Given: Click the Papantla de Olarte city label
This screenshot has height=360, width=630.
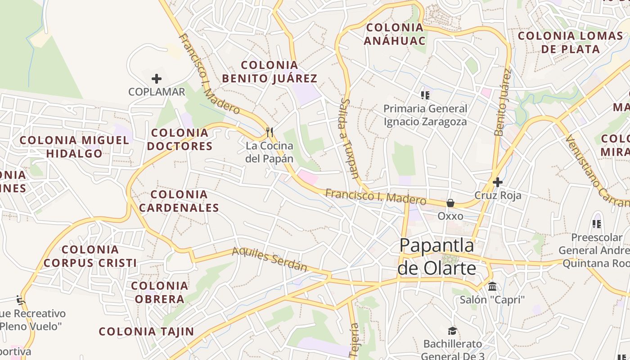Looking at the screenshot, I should [436, 256].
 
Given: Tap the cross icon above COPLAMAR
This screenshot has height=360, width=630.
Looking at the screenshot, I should [157, 79].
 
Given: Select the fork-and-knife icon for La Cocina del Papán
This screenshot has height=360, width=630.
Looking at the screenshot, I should [270, 132].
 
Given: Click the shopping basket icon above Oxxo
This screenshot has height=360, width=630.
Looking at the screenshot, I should [450, 203].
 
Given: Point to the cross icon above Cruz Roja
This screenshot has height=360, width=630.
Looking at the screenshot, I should [497, 182].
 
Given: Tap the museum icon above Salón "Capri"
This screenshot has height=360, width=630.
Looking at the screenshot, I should [492, 286].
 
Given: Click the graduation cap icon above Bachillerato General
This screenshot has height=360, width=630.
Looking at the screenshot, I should [452, 331].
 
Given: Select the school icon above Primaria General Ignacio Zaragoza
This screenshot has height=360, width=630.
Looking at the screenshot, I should [425, 95].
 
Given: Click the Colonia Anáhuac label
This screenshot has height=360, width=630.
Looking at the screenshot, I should [395, 34].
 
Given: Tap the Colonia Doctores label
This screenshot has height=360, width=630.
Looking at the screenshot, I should [180, 139].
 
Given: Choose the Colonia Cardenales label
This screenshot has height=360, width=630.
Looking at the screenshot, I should [179, 201].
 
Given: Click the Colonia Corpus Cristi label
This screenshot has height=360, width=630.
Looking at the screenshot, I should [90, 256].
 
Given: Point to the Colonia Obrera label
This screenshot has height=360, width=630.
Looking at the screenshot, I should [159, 292].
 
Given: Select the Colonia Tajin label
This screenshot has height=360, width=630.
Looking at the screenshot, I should [146, 332].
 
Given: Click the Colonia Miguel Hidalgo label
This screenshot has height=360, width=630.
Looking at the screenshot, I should [74, 147].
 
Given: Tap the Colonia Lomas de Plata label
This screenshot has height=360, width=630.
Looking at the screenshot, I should [570, 42].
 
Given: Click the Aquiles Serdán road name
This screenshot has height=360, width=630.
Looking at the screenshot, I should [270, 260].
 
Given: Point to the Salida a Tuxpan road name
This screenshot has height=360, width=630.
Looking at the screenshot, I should [350, 139].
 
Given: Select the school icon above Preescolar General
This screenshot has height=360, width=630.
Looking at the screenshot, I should [597, 224].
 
